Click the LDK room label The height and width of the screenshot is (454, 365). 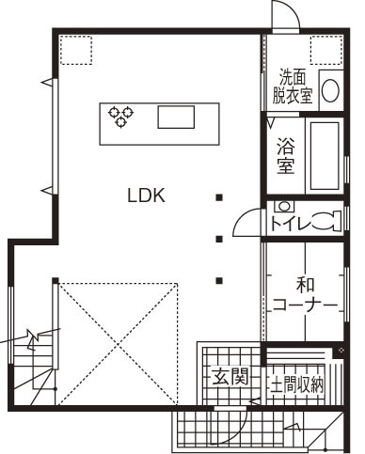pos(147,196)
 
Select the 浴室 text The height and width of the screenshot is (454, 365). pos(286,155)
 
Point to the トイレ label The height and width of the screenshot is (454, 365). pos(290,224)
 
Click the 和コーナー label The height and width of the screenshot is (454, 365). pos(305,294)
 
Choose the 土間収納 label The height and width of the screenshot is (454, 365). pos(296,384)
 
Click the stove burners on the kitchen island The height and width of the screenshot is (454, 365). pos(120,117)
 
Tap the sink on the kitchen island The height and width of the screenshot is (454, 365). pos(175,117)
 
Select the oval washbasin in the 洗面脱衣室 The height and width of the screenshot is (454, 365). pos(330,90)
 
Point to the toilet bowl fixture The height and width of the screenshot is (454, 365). pos(322,223)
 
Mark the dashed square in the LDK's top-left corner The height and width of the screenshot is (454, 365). pos(75,52)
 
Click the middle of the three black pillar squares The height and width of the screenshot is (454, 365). pos(219,239)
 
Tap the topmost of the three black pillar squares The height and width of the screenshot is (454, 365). pos(219,197)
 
